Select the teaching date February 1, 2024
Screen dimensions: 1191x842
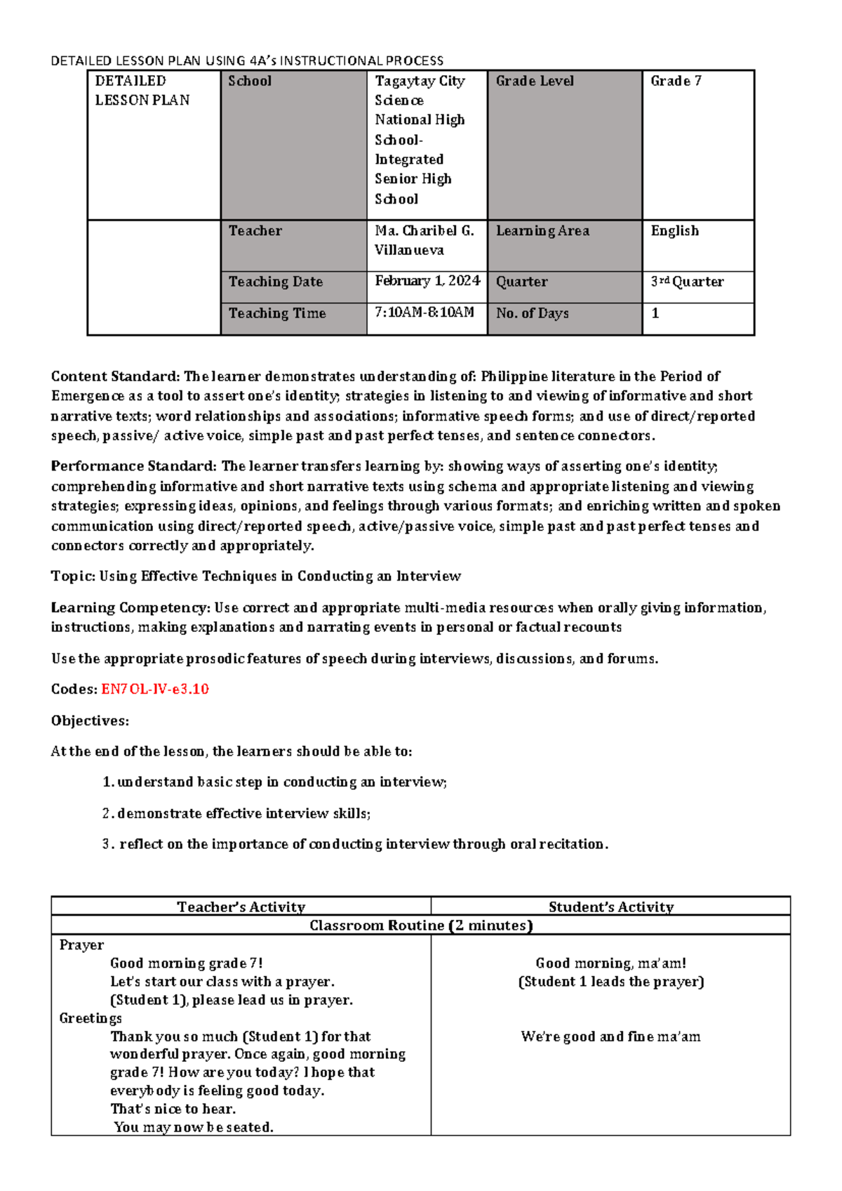pos(427,281)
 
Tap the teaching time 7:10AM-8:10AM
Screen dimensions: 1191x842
pos(425,312)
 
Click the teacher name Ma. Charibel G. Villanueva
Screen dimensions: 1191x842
pos(425,240)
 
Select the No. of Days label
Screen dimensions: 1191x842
pos(532,313)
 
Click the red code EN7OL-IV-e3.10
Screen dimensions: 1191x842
pos(155,689)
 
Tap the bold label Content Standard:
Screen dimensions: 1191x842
pos(116,376)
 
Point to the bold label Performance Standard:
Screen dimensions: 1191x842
pos(134,466)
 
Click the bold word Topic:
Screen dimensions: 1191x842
pos(73,577)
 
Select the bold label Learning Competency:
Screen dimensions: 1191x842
pos(131,607)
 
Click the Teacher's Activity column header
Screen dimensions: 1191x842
pos(241,907)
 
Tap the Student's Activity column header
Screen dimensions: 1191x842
pos(610,907)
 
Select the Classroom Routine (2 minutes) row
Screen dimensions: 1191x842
pos(421,926)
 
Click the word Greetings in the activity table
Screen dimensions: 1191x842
pos(91,1018)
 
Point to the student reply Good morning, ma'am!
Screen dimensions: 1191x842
pos(610,963)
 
